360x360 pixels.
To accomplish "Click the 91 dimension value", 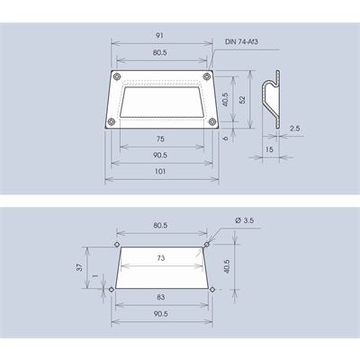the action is [x=160, y=35].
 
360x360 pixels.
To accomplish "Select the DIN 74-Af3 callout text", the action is [x=241, y=41].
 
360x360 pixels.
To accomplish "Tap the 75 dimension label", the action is [x=160, y=139].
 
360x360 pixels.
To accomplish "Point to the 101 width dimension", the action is [x=160, y=172].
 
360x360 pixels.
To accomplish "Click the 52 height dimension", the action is [x=242, y=100].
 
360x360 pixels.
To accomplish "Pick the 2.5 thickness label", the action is [x=295, y=129].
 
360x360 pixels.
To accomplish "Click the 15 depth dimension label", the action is [x=269, y=149].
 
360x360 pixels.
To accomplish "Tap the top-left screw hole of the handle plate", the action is [x=116, y=76].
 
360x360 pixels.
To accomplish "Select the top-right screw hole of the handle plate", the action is [x=206, y=76].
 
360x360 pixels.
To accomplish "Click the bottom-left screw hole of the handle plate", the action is [x=112, y=121].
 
